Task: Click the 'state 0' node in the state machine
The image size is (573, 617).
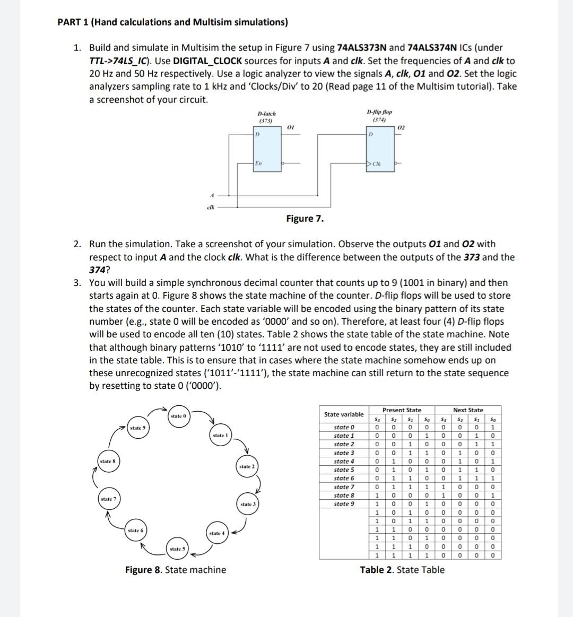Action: coord(178,416)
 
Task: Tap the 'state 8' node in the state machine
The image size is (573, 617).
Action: coord(107,462)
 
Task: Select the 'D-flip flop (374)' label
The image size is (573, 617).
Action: coord(379,116)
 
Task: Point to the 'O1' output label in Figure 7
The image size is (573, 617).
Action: coord(290,127)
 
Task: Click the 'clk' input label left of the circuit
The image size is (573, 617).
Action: coord(211,207)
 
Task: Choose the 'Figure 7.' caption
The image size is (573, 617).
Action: coord(305,219)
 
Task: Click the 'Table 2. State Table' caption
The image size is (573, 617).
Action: coord(402,570)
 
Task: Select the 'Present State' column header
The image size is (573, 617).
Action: coord(402,410)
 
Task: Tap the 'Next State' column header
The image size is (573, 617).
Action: coord(468,410)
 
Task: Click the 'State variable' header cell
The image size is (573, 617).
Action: coord(344,414)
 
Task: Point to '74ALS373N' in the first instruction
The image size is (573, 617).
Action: coord(362,48)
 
